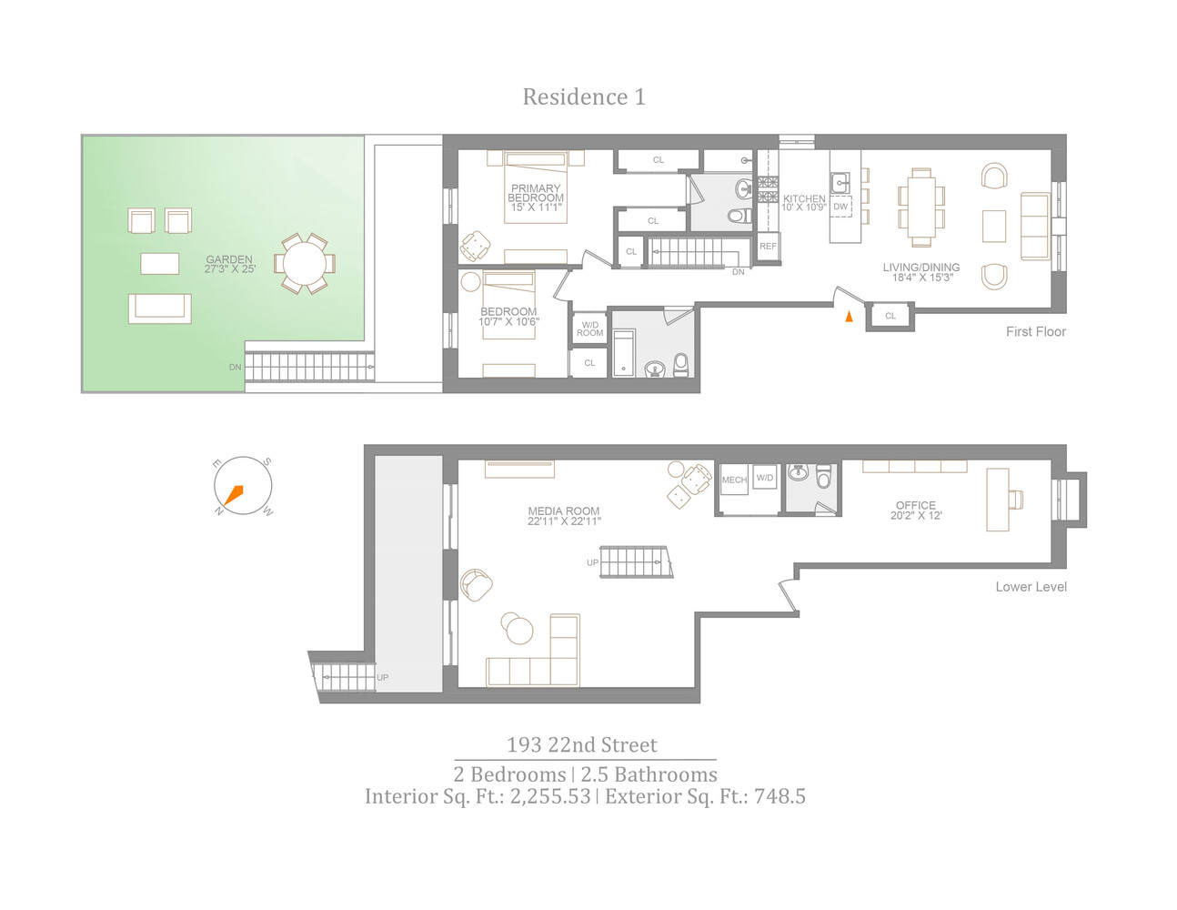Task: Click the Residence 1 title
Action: (584, 96)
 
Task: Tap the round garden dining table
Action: (305, 264)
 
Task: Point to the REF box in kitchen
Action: (769, 247)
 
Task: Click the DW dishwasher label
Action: (840, 207)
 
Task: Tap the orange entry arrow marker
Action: (850, 317)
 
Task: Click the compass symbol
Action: (243, 486)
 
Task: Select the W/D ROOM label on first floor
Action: (590, 329)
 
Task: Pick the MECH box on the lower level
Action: (734, 480)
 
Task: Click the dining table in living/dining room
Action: (920, 207)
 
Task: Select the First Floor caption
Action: (1035, 332)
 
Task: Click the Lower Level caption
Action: (1031, 587)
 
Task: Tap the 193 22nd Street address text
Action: (582, 745)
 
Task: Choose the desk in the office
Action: (998, 500)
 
